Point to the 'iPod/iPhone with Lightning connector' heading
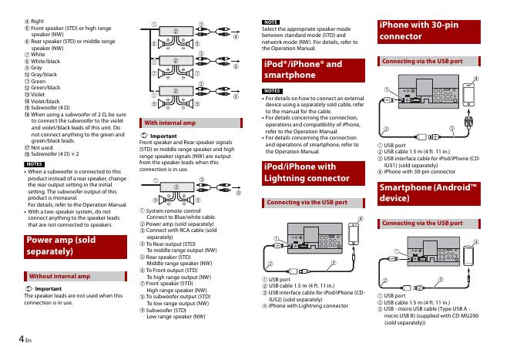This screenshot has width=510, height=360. [299, 172]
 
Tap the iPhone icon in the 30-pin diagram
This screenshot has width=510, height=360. [470, 93]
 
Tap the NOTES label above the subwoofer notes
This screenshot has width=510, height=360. [31, 164]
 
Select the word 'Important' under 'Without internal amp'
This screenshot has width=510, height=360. [49, 289]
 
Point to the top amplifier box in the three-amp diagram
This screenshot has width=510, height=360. [180, 39]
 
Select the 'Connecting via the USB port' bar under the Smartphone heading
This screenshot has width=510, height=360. [422, 223]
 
